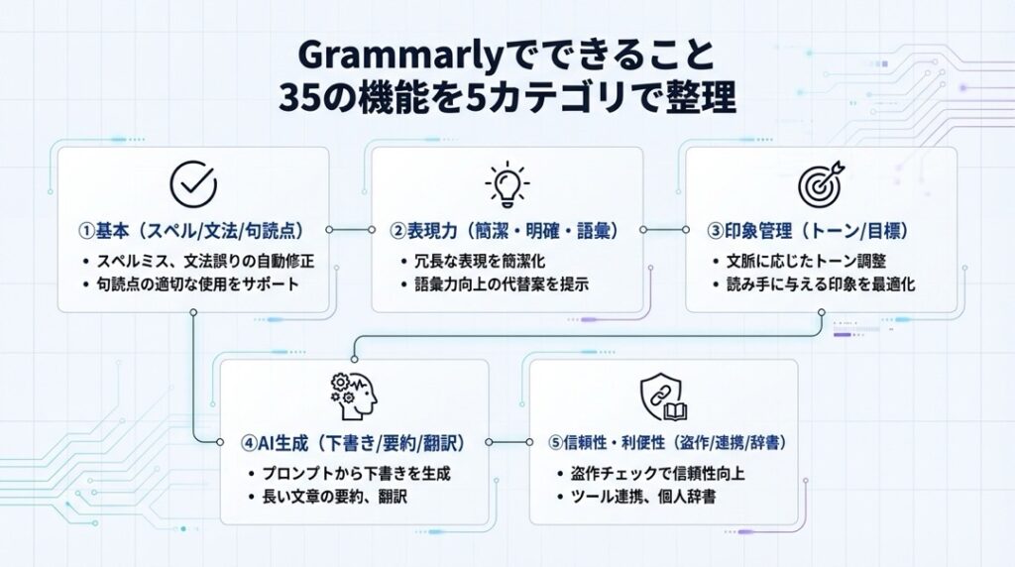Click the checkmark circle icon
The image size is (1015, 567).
pos(193,184)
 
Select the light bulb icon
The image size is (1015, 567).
pos(507,184)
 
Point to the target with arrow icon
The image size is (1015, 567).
pos(821,184)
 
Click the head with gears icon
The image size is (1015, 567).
pos(354,397)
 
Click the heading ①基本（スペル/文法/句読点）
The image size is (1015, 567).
pos(192,231)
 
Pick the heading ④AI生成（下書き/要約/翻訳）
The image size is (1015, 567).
pos(354,443)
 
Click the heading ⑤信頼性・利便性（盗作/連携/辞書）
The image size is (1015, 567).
pos(662,443)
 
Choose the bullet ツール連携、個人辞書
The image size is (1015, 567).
pos(644,496)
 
